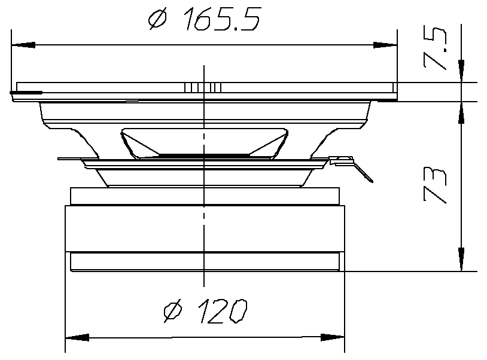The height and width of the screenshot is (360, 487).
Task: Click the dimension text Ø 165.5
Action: (x=204, y=20)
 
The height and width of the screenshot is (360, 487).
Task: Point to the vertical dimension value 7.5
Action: (x=436, y=53)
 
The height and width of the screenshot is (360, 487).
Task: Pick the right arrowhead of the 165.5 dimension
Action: (x=385, y=45)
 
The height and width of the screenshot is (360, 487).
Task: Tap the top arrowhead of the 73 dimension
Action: (x=461, y=114)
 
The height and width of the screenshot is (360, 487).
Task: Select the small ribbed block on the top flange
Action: (x=203, y=87)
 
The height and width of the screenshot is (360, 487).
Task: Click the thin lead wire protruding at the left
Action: (x=69, y=159)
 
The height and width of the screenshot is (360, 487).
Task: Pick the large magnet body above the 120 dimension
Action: (x=204, y=228)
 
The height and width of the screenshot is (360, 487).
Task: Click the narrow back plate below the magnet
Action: (x=204, y=262)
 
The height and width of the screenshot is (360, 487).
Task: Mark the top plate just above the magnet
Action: (x=204, y=196)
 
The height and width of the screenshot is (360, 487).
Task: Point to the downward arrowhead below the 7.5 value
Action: (x=461, y=71)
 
